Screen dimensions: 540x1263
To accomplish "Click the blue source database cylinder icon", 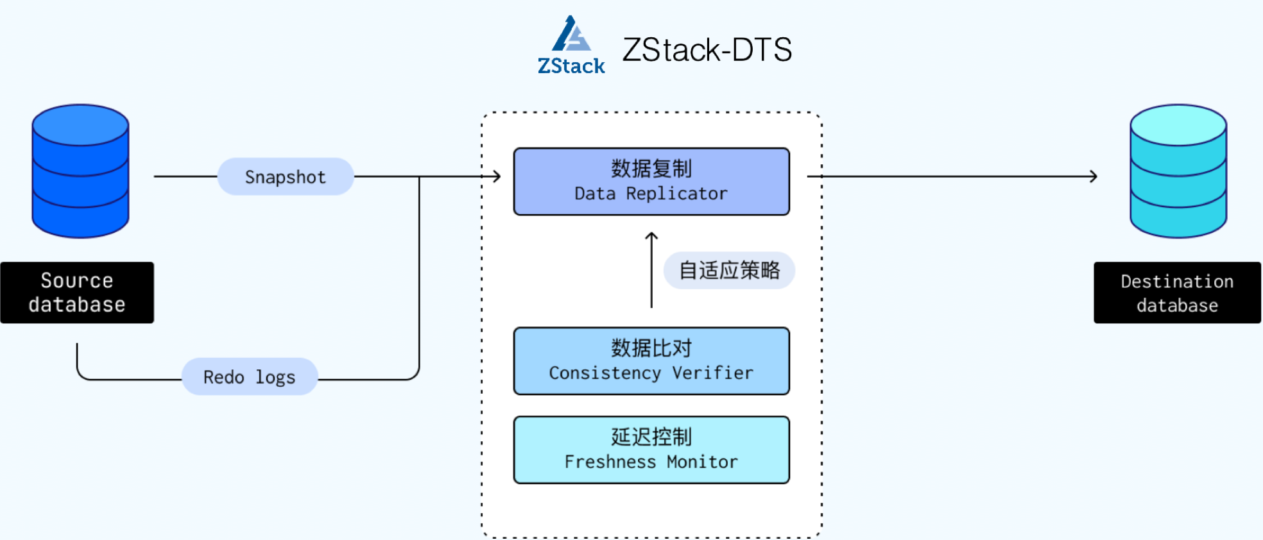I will [80, 171].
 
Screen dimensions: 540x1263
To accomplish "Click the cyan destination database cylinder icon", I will [1178, 171].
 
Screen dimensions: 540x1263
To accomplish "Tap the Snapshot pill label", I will [286, 177].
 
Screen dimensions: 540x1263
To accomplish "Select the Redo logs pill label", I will [250, 377].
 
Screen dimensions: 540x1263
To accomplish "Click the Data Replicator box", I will [651, 181].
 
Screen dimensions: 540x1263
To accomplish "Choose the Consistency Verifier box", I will [651, 361].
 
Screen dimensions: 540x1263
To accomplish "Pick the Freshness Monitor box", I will [651, 450].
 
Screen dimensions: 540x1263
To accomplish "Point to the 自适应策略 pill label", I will [730, 271].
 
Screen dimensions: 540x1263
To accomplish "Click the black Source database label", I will [77, 292].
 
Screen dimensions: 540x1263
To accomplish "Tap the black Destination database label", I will [1177, 293].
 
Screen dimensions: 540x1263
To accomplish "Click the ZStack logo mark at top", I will [571, 45].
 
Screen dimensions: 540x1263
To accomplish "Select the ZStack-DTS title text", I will [707, 50].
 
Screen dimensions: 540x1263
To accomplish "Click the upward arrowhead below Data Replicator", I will [651, 235].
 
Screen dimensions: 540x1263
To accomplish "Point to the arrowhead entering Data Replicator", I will [497, 176].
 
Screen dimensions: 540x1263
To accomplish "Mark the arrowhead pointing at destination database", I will [1094, 176].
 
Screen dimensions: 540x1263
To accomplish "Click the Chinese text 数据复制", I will [651, 169].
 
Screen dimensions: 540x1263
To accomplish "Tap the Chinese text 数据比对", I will [651, 348].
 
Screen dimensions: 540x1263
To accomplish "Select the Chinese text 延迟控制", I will [651, 437].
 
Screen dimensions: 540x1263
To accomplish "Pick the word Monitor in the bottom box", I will [702, 462].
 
